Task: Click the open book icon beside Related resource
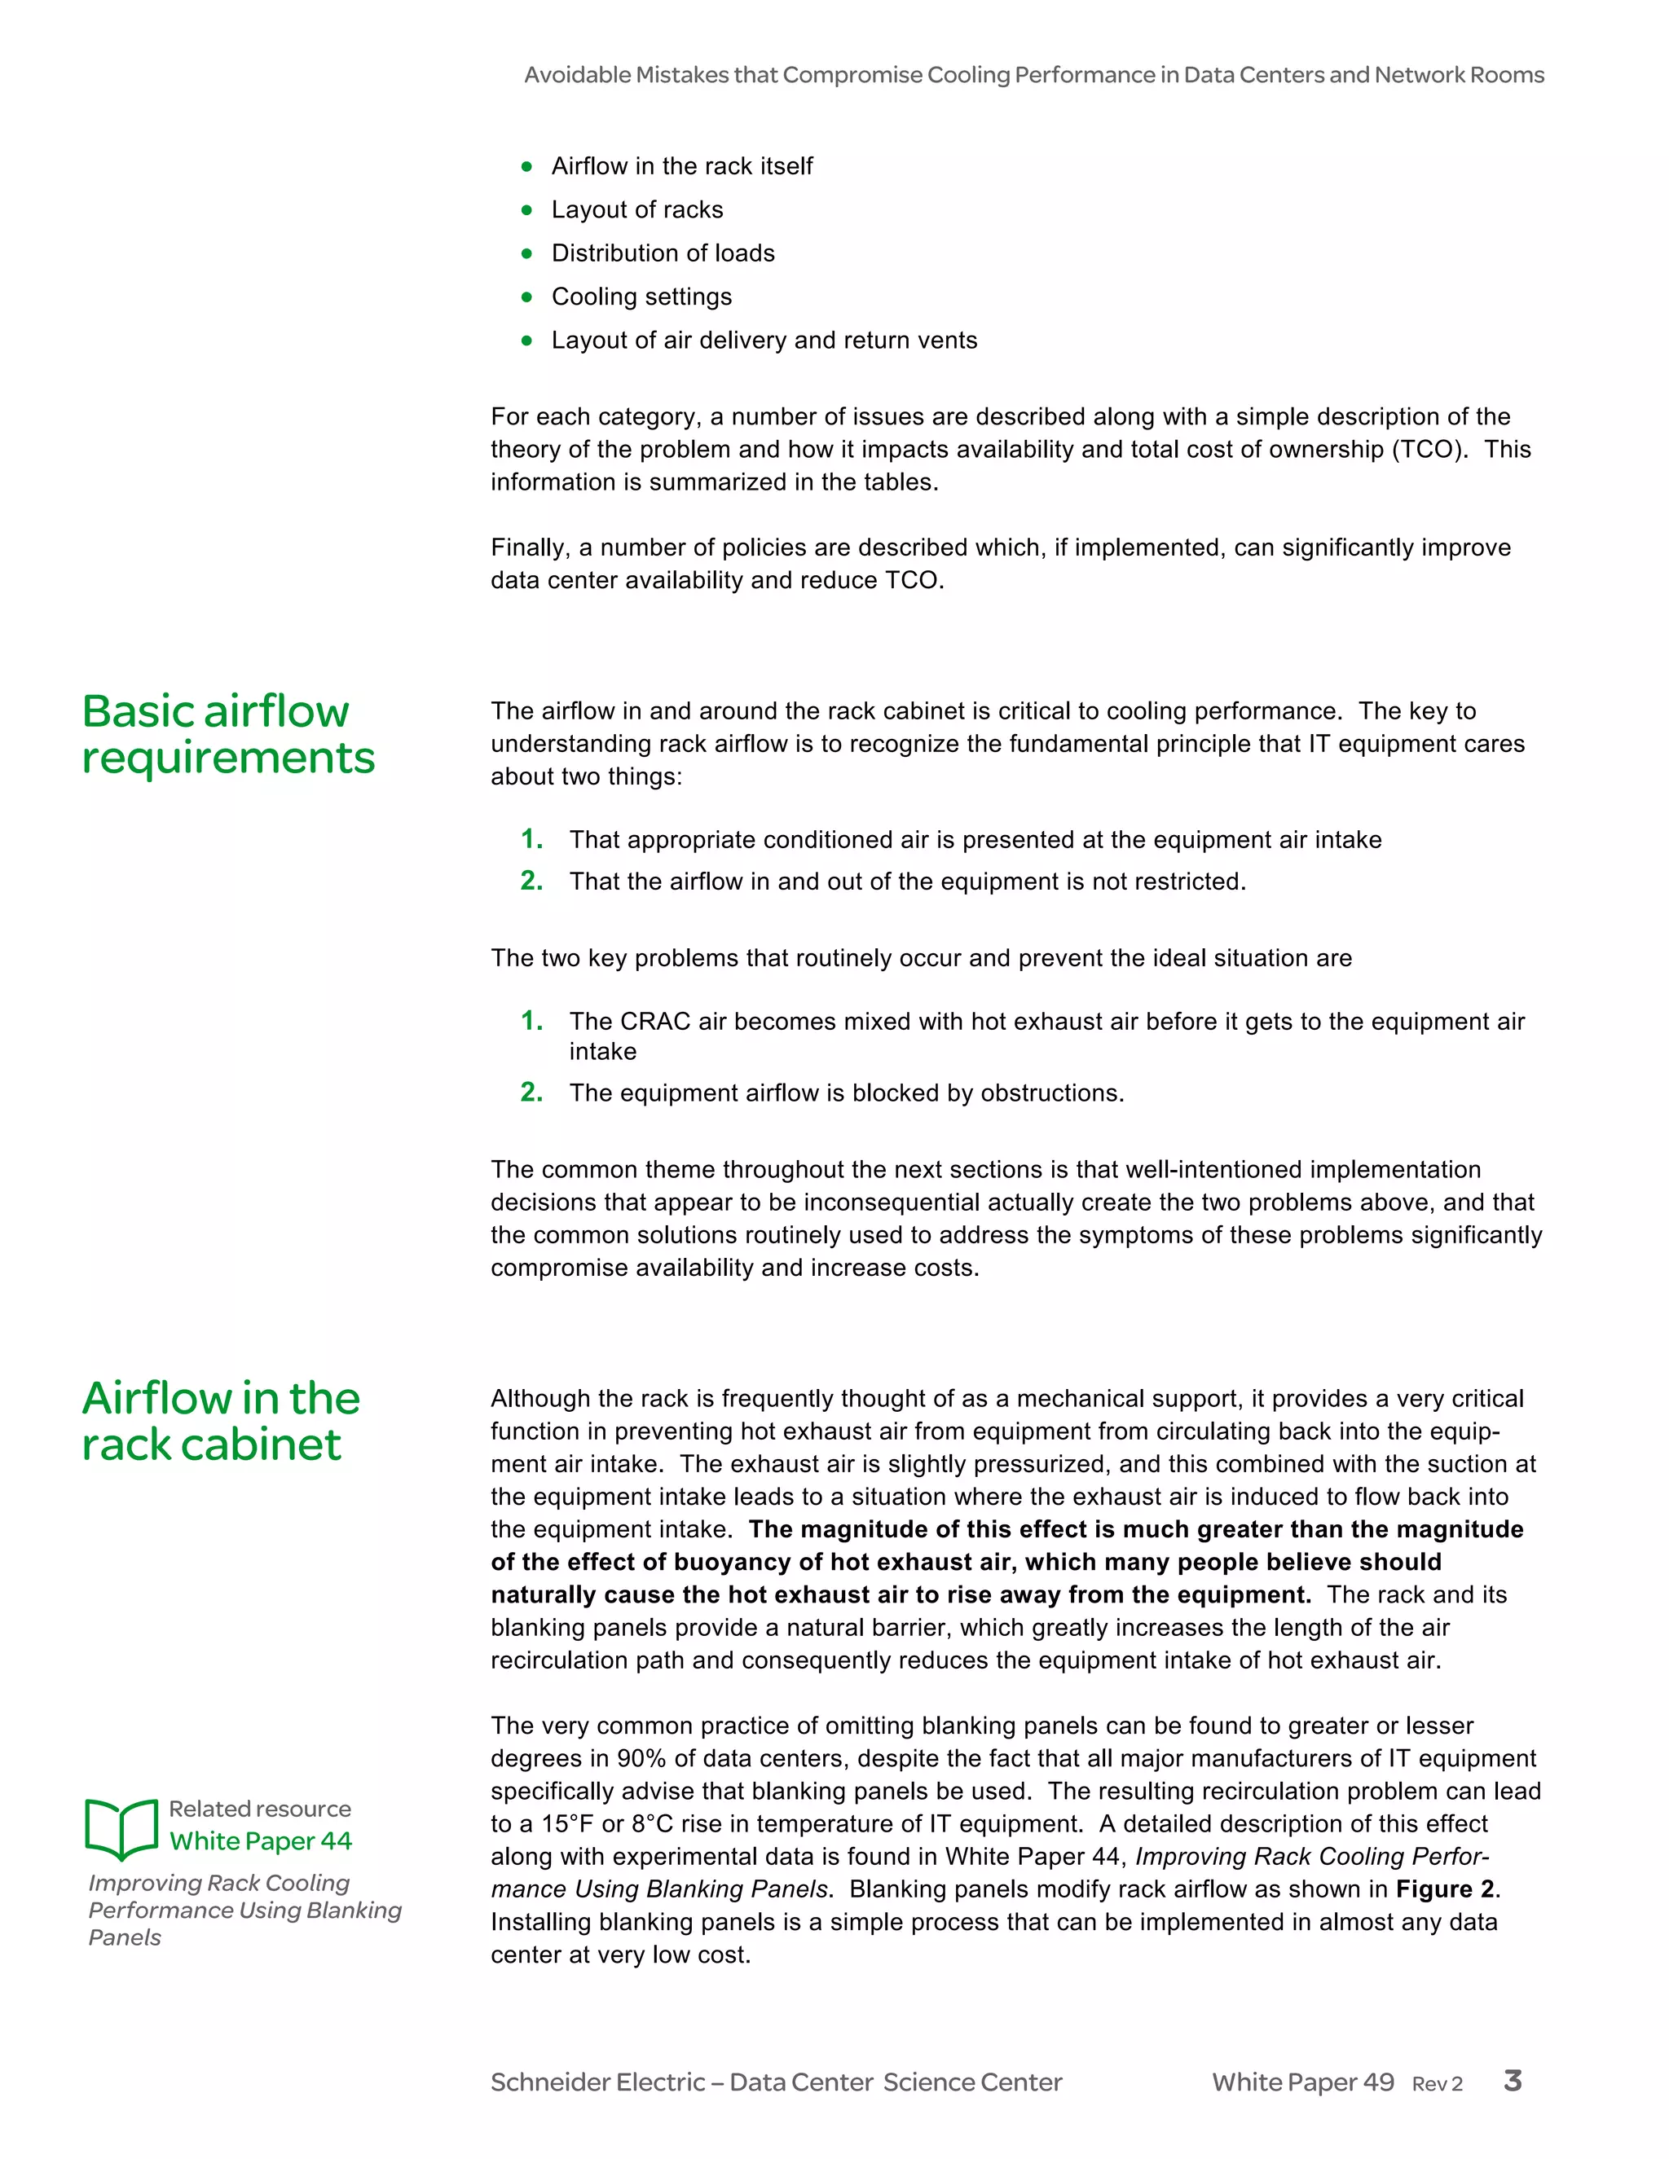(121, 1828)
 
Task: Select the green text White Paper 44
(260, 1840)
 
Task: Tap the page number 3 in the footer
(1512, 2081)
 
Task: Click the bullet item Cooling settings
(641, 297)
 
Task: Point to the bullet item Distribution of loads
(663, 253)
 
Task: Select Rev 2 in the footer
(1437, 2084)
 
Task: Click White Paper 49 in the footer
(1302, 2082)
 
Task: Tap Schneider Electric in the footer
(597, 2082)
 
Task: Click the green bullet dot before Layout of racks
(527, 209)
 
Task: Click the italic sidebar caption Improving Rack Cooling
(218, 1883)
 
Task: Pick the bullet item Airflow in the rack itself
(681, 166)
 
